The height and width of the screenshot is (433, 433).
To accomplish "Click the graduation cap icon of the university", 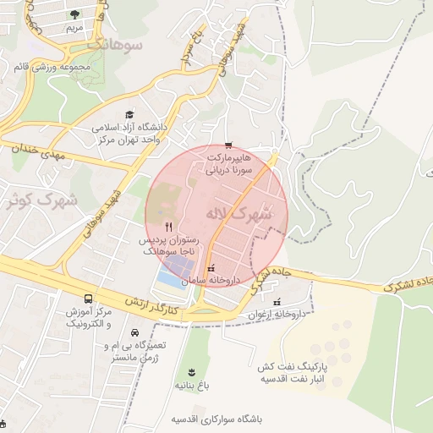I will coord(129,115).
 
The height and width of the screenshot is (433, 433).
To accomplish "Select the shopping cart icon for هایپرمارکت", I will coord(227,146).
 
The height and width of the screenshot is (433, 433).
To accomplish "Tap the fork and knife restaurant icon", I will coord(169,226).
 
